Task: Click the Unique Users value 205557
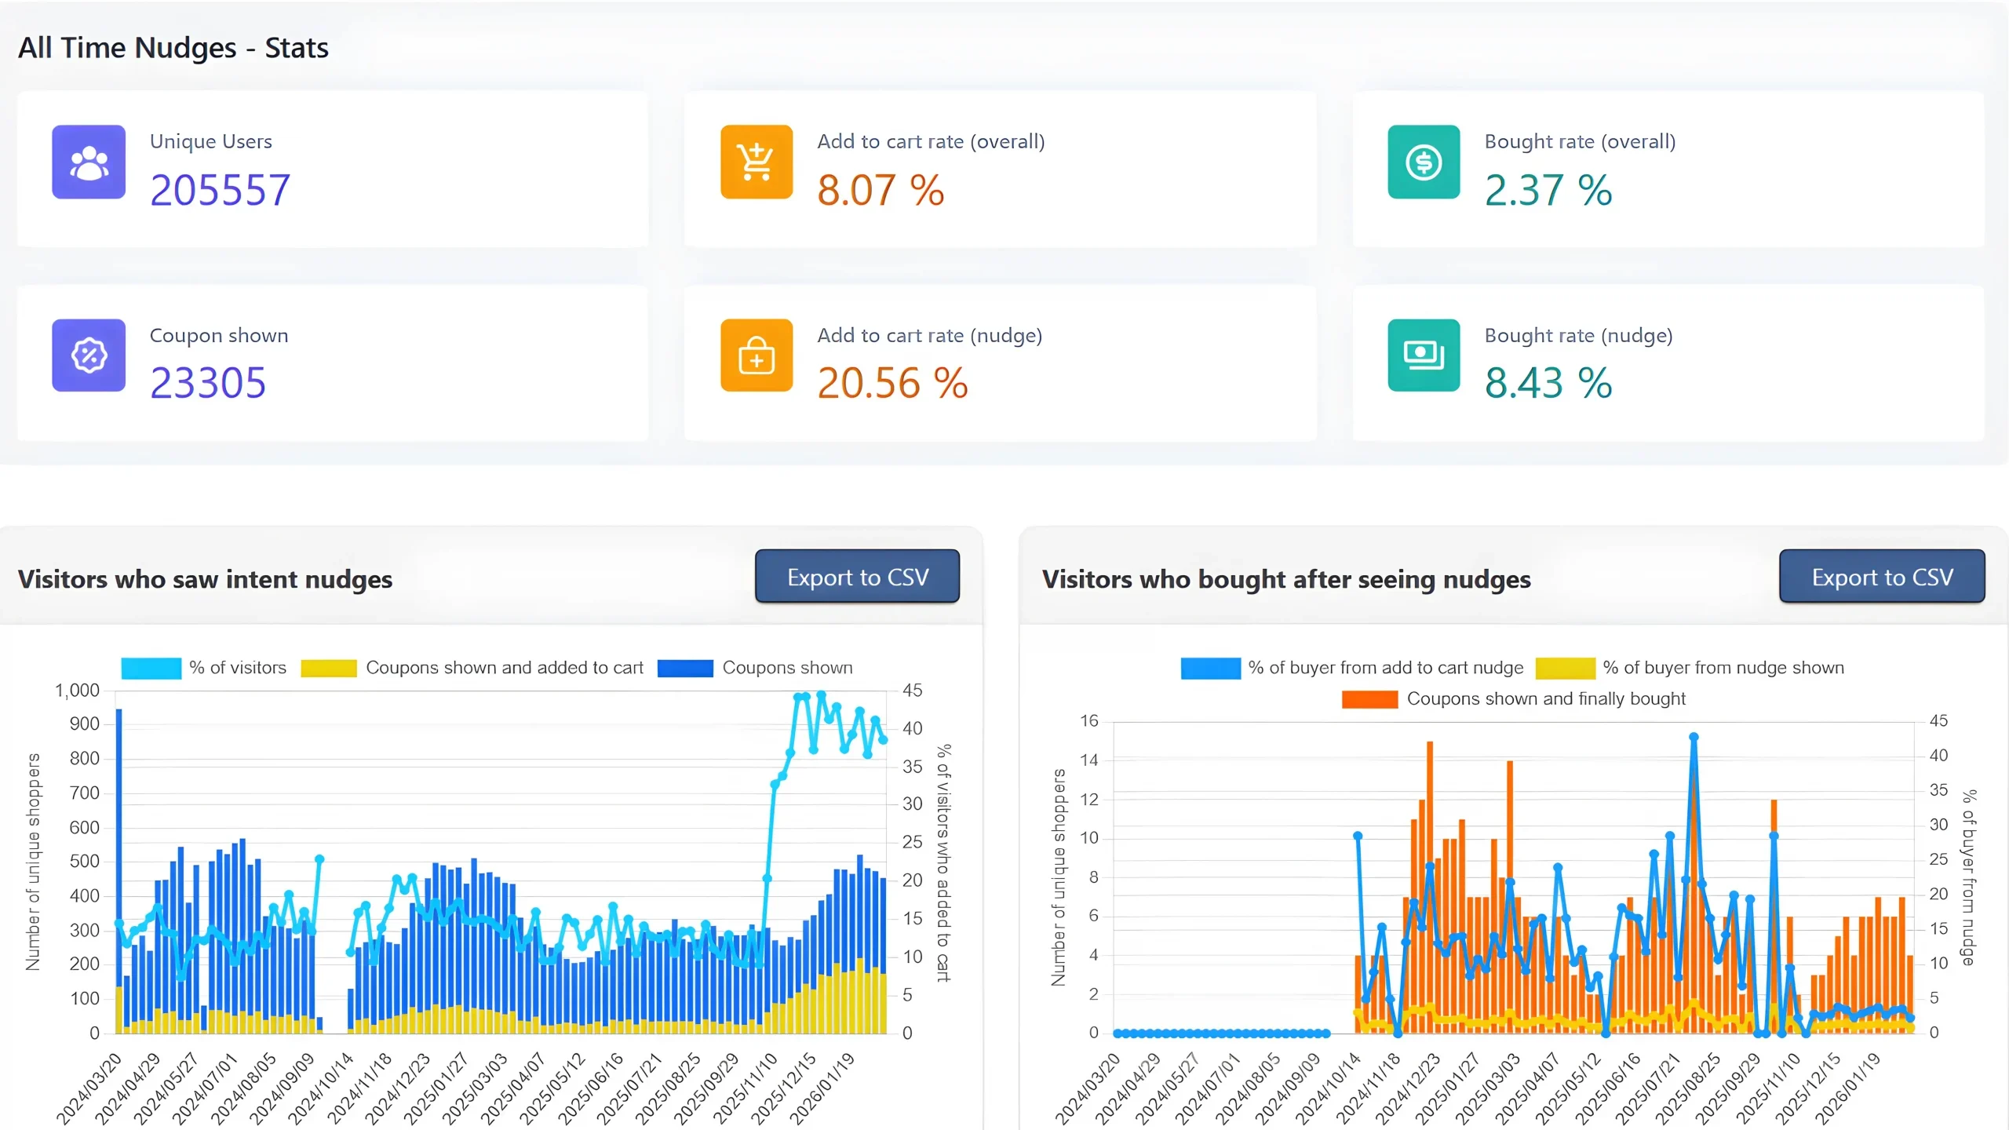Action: [x=220, y=191]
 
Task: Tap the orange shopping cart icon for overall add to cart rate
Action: [x=756, y=162]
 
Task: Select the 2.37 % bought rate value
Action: [x=1548, y=191]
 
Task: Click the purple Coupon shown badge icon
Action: [x=89, y=355]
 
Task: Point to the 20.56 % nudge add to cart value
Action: [x=892, y=384]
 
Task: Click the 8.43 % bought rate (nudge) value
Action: [x=1548, y=384]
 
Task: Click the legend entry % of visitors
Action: [x=237, y=668]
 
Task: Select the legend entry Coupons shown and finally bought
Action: [x=1545, y=698]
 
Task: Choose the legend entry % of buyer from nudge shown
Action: [x=1723, y=668]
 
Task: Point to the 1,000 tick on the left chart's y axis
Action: [x=77, y=691]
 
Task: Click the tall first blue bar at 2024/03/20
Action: [x=119, y=863]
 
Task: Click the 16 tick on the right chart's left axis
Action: [x=1088, y=720]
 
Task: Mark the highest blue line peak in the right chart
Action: [x=1694, y=738]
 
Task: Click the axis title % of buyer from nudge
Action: [x=1968, y=877]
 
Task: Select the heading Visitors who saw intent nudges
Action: [x=205, y=579]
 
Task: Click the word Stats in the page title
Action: [x=297, y=48]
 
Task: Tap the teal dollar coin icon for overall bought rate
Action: [x=1423, y=162]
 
